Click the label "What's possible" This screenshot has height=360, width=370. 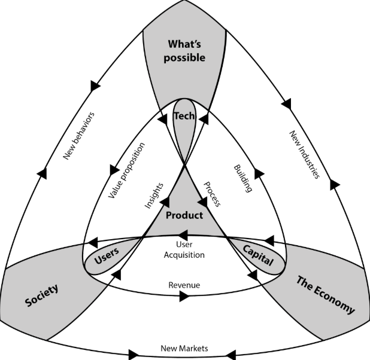[184, 51]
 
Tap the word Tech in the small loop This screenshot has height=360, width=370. [184, 116]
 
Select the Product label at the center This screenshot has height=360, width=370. [184, 215]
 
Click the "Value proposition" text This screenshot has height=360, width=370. [128, 169]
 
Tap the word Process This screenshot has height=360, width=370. [211, 193]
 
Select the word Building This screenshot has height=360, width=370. [242, 176]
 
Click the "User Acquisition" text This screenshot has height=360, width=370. [184, 250]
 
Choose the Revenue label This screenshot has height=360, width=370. [184, 285]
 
